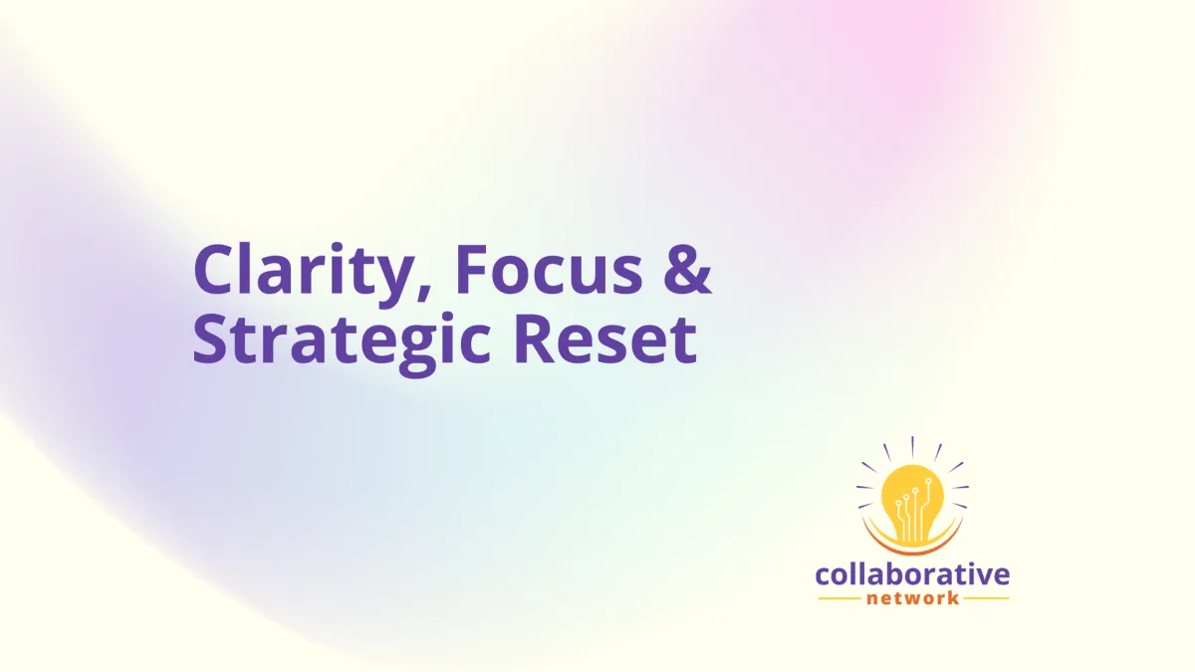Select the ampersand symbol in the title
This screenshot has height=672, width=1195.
coord(687,269)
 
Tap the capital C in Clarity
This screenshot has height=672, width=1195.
coord(215,269)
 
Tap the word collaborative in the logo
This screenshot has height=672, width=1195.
coord(912,574)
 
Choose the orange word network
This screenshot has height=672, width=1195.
coord(912,598)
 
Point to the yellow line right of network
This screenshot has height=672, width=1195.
coord(986,598)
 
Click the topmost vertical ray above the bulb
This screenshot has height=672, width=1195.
coord(912,447)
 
